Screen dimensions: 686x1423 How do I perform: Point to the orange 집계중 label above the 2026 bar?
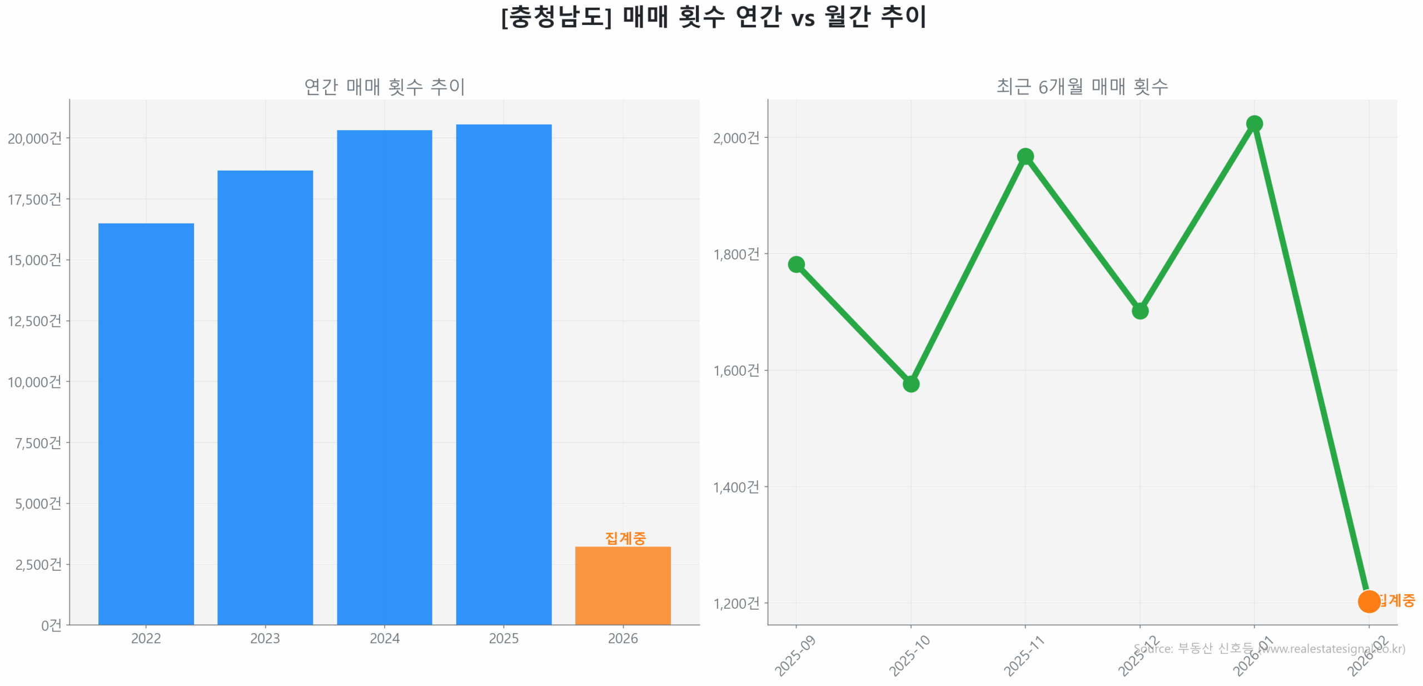coord(625,538)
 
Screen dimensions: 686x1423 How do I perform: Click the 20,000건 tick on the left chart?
coord(34,138)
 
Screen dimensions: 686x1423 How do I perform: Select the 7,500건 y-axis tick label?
coord(38,443)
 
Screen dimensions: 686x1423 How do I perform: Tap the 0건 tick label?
coord(51,625)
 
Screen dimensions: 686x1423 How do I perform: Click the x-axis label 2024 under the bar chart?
coord(384,638)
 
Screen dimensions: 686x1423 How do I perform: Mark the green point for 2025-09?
coord(795,264)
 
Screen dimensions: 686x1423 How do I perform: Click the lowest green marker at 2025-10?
coord(910,384)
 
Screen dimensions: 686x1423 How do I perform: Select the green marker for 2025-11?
coord(1024,156)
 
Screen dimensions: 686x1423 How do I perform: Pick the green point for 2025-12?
coord(1139,311)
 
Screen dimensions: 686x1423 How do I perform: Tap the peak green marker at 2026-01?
coord(1253,123)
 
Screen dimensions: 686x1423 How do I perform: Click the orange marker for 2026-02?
coord(1368,601)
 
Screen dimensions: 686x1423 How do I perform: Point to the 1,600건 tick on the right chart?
coord(735,370)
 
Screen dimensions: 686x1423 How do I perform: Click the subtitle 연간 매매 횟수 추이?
coord(384,87)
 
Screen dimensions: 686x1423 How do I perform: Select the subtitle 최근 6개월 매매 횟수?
coord(1081,86)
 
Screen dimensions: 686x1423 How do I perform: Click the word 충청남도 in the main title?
coord(556,17)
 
